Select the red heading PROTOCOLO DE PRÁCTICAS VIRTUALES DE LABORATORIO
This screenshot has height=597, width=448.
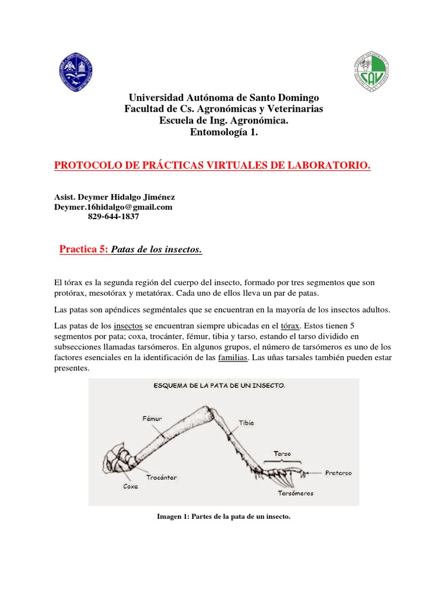212,166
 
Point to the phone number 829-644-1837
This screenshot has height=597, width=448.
113,216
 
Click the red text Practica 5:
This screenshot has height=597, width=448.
83,250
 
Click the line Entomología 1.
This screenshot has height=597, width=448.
223,132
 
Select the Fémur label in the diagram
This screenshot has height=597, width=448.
151,418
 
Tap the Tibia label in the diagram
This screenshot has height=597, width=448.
246,423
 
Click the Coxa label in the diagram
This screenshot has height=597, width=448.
131,486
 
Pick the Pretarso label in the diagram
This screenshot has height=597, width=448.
338,473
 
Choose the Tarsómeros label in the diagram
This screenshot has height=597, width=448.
296,493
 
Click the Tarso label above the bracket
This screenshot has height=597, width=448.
282,453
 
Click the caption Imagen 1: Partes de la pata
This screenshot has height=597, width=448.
223,516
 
